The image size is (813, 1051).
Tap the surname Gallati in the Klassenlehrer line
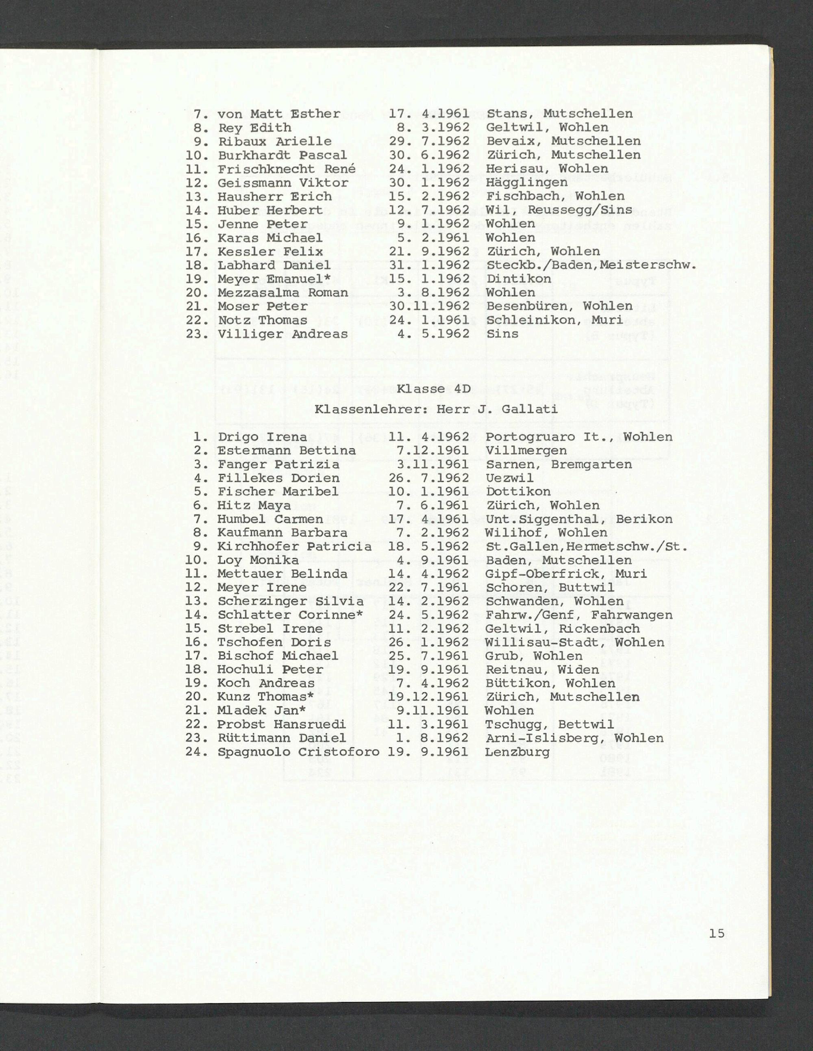coord(530,410)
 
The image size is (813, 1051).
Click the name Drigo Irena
coord(262,437)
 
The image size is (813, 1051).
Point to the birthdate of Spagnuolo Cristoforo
coord(428,752)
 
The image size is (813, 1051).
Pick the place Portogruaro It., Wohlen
coord(578,437)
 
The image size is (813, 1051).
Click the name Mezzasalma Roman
coord(283,293)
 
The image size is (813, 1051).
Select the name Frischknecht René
coord(287,169)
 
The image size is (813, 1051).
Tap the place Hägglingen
coord(526,183)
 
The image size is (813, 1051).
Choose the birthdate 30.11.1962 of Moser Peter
coord(428,306)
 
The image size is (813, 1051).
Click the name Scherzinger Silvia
coord(290,601)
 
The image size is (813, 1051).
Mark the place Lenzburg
coord(517,752)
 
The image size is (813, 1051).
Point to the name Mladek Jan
coord(258,710)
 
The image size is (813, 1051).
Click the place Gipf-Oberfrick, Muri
coord(566,573)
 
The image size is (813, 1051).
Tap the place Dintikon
coord(518,279)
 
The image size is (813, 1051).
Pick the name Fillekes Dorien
coord(278,478)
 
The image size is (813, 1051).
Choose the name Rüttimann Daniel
coord(282,738)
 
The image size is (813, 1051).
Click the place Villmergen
coord(526,450)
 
